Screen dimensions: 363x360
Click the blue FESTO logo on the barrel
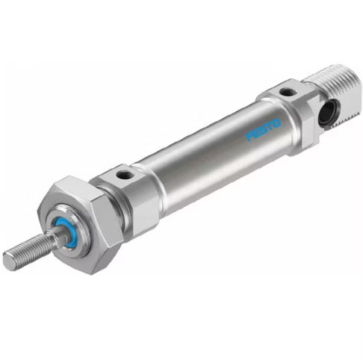(x=264, y=129)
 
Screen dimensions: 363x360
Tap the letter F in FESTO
(x=249, y=137)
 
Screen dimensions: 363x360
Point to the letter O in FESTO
(x=277, y=122)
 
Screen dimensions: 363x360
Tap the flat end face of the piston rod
(x=9, y=261)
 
